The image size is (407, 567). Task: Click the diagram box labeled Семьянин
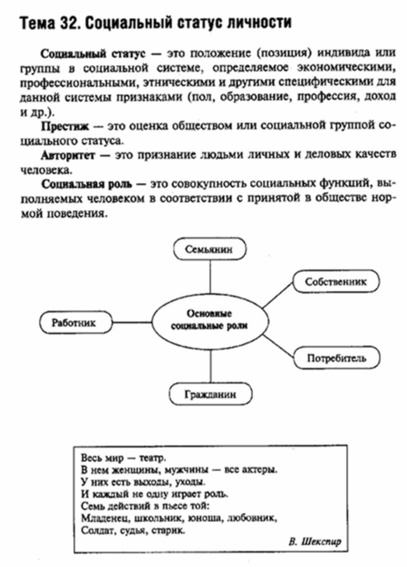point(209,250)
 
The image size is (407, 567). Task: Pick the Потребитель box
point(336,358)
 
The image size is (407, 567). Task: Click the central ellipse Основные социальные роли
point(209,320)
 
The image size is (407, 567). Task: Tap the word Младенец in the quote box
point(99,518)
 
